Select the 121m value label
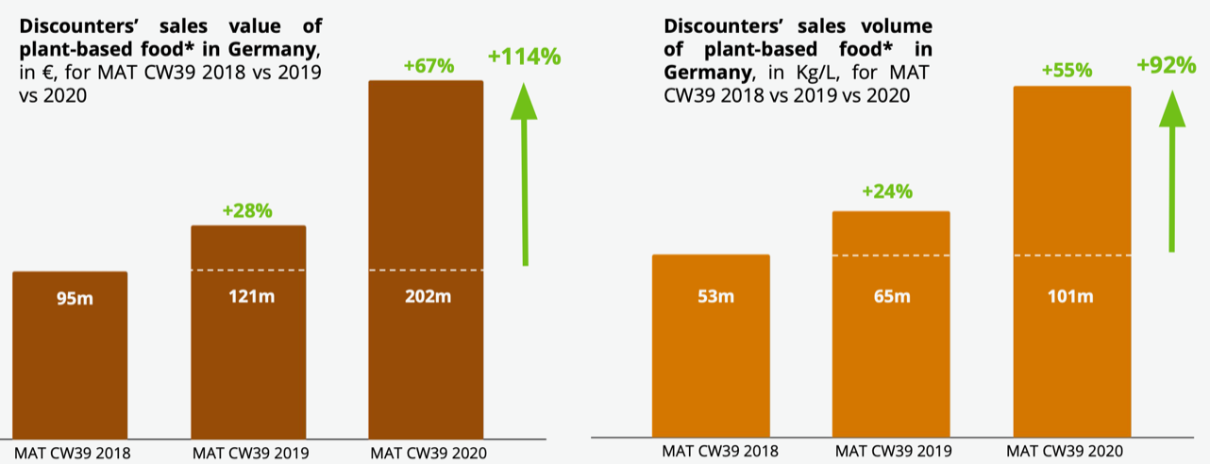tap(248, 296)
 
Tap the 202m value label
tap(426, 296)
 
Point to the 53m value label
tap(711, 296)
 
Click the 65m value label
tap(891, 296)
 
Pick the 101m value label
tap(1071, 296)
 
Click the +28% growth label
tap(247, 210)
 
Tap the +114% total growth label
tap(524, 57)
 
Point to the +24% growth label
tap(887, 191)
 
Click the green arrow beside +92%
tap(1171, 170)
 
